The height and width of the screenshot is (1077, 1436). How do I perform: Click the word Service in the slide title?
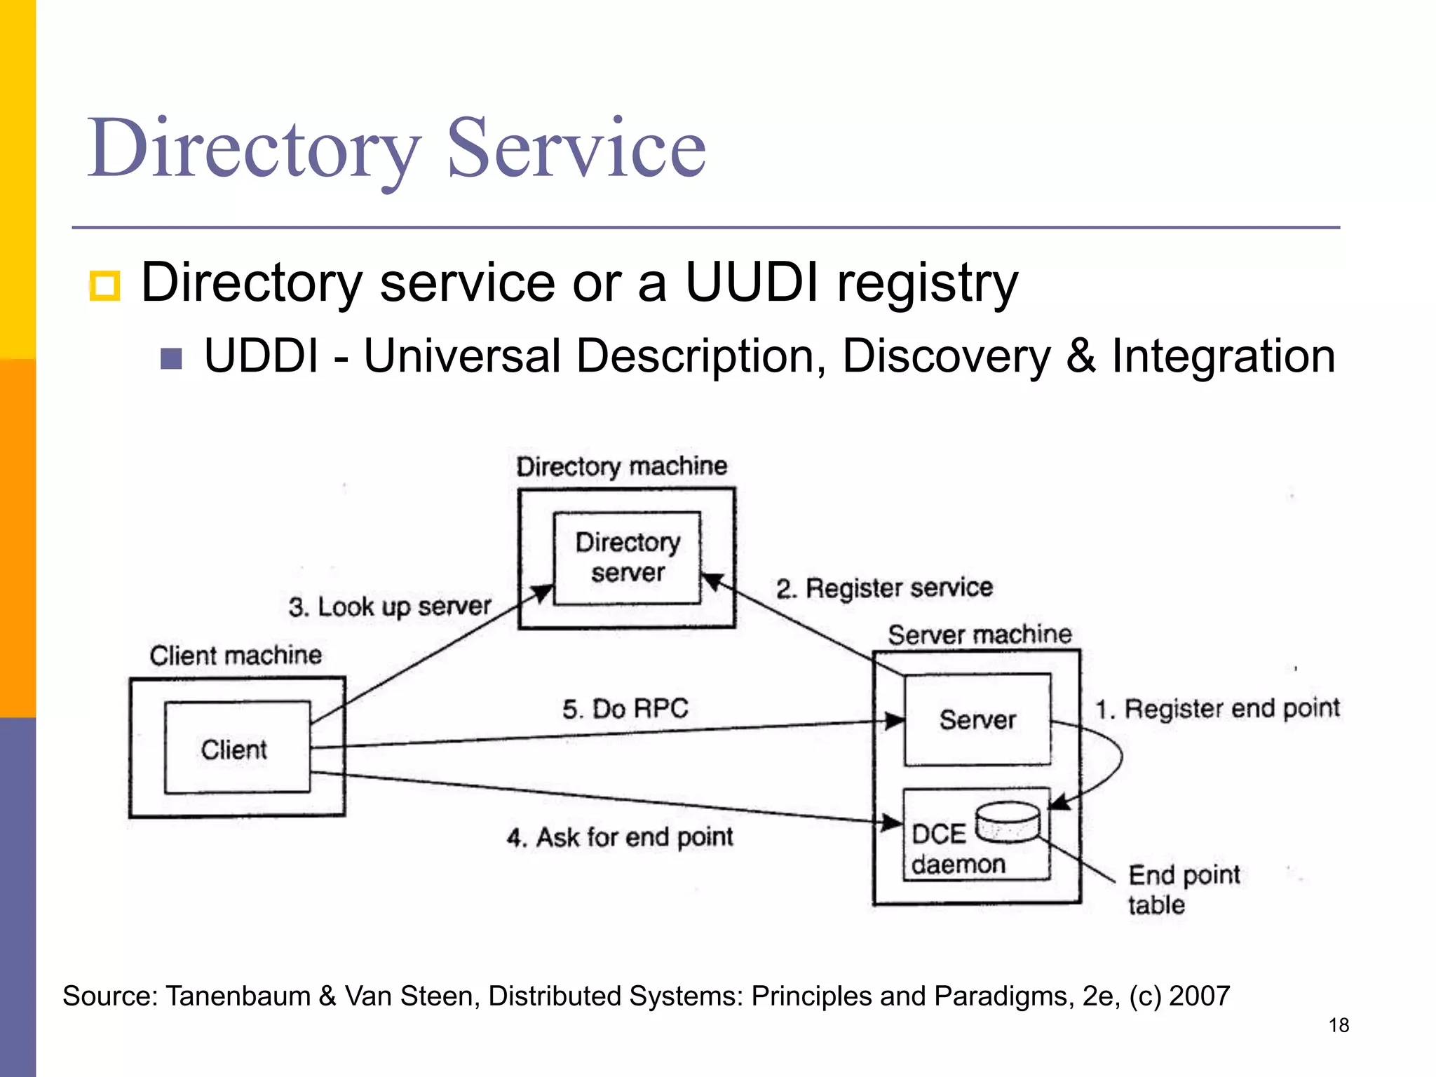click(x=576, y=149)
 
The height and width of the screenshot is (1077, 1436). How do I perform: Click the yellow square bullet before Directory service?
click(x=105, y=285)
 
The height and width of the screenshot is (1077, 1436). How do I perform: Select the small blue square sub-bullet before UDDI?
click(x=171, y=359)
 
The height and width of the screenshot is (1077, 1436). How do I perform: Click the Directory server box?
click(x=627, y=557)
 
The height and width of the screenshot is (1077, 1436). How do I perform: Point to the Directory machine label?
click(x=621, y=466)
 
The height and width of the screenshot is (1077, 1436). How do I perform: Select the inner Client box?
click(x=237, y=747)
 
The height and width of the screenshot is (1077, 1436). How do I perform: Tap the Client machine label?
click(x=236, y=656)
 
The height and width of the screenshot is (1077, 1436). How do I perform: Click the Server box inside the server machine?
click(x=977, y=719)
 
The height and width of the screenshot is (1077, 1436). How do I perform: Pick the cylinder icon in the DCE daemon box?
click(x=1008, y=821)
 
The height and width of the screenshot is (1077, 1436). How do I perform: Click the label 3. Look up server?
click(x=390, y=607)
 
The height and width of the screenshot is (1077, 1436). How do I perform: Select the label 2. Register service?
click(x=884, y=588)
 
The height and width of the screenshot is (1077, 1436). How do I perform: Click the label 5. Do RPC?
click(x=625, y=709)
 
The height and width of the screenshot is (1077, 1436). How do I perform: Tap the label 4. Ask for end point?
click(x=620, y=837)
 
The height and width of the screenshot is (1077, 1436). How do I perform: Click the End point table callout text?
click(x=1183, y=889)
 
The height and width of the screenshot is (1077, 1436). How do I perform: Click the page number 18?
click(x=1339, y=1025)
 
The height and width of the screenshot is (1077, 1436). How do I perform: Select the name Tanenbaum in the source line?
click(x=238, y=996)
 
